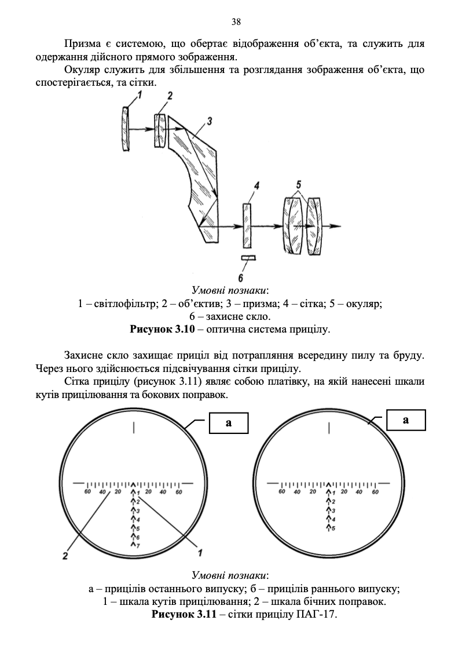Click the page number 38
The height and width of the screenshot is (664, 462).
coord(236,22)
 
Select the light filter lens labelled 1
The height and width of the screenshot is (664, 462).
coord(126,129)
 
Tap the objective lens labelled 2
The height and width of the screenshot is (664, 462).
coord(160,130)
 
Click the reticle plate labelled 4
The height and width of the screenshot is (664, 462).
coord(247,225)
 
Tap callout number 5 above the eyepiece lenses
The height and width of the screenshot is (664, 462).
coord(298,185)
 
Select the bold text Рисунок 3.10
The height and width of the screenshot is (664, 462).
coord(159,330)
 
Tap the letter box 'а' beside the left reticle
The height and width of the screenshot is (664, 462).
coord(228,422)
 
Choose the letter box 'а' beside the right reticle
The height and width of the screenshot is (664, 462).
coord(405,419)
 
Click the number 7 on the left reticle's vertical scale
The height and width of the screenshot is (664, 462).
coord(138,546)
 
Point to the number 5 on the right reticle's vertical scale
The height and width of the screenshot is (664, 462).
coord(333,528)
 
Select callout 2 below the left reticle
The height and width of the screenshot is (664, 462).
coord(65,556)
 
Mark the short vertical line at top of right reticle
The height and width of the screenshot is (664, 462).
coord(329,428)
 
